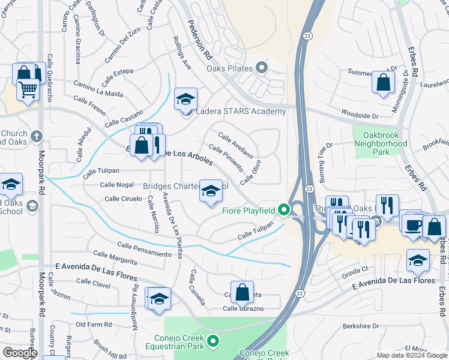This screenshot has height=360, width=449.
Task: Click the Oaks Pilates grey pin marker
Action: coord(261,68)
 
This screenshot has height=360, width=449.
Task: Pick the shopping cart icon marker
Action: coord(28,90)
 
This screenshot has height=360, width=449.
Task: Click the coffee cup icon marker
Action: coord(413,224)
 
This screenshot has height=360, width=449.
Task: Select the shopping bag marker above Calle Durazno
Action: coord(242,293)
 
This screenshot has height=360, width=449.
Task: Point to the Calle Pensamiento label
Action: coord(144,249)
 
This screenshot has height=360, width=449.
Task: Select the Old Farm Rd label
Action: coord(94,325)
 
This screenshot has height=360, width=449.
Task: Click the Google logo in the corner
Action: coord(19,353)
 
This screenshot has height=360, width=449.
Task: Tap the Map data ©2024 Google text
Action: coord(411,355)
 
